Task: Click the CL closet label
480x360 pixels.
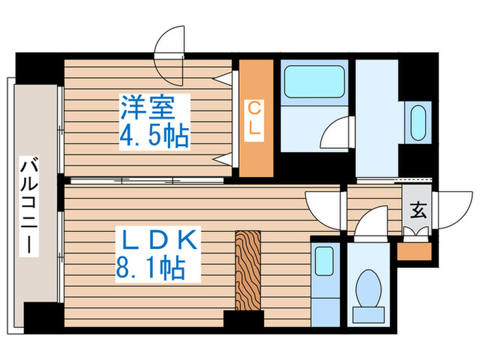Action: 254,118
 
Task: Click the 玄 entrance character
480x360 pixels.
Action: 418,211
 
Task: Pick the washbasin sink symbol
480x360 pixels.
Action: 416,122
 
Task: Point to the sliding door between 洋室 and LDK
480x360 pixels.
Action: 147,180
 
